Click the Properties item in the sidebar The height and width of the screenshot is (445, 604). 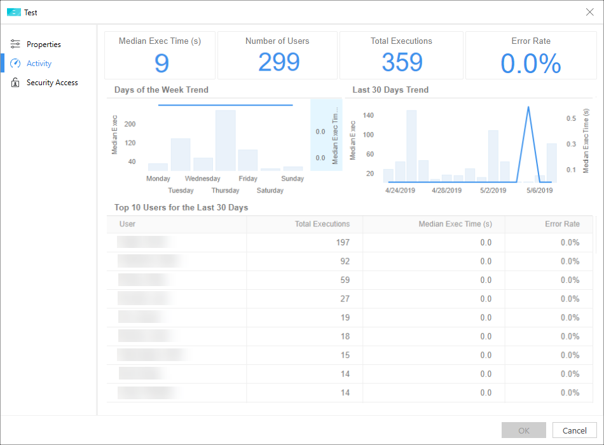click(x=43, y=44)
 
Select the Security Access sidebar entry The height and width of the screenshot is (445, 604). click(x=51, y=83)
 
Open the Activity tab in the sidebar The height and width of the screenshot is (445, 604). click(x=39, y=64)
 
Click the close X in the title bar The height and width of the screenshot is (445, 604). click(x=589, y=12)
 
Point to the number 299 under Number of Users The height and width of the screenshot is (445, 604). click(x=279, y=62)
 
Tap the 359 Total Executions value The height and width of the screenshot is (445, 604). click(x=402, y=62)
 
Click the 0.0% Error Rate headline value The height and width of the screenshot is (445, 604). click(x=531, y=64)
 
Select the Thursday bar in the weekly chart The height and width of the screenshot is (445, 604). click(x=225, y=140)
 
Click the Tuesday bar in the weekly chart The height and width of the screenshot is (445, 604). click(x=181, y=154)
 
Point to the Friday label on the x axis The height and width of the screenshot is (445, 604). click(x=248, y=179)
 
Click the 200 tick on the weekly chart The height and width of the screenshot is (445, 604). click(x=130, y=125)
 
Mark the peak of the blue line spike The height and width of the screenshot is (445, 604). click(x=528, y=107)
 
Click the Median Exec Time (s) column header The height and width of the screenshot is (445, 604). click(x=455, y=224)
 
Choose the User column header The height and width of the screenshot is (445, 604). click(x=128, y=224)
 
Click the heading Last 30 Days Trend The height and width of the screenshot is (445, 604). click(x=390, y=90)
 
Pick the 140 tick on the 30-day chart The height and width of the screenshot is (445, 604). click(x=368, y=116)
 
